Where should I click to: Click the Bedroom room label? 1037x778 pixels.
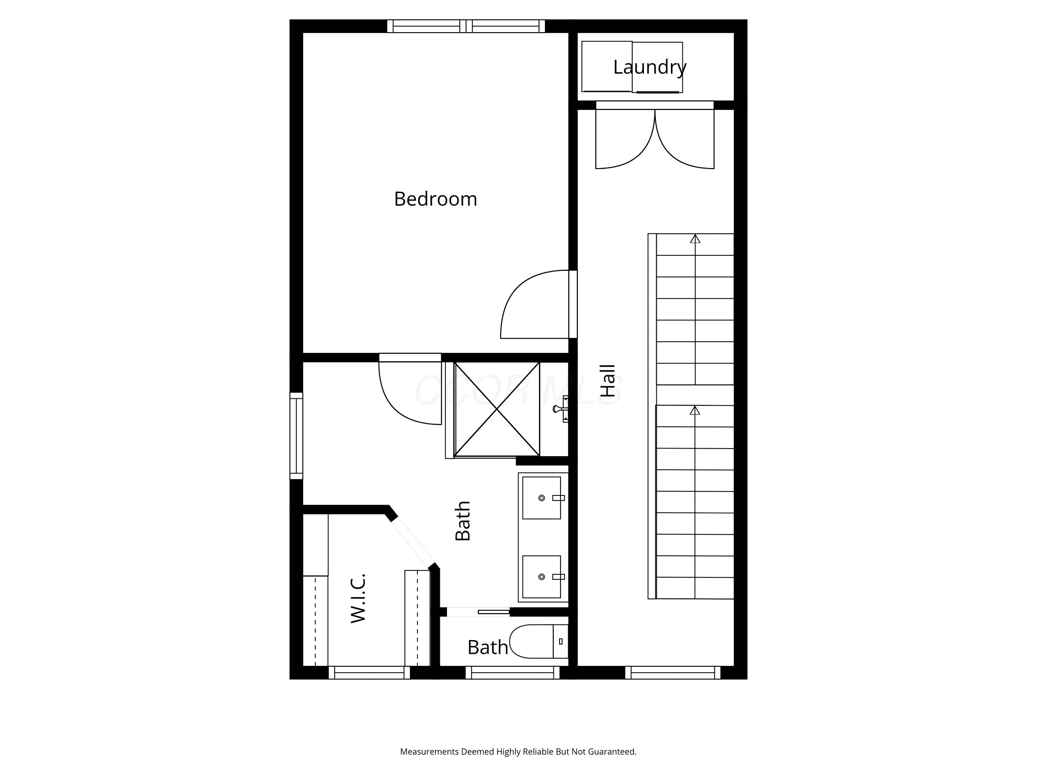pos(436,199)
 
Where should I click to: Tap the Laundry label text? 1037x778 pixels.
pos(650,67)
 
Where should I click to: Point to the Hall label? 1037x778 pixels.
pos(608,381)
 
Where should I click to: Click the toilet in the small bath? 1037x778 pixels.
pos(539,641)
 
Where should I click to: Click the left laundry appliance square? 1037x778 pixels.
pos(607,67)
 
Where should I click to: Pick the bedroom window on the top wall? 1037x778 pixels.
pos(466,26)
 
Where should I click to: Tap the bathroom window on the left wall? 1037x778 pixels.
pos(296,436)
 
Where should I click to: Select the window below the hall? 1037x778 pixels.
pos(673,673)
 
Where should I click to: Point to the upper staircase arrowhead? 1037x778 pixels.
pos(695,239)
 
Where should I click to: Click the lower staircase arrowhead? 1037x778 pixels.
pos(695,410)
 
